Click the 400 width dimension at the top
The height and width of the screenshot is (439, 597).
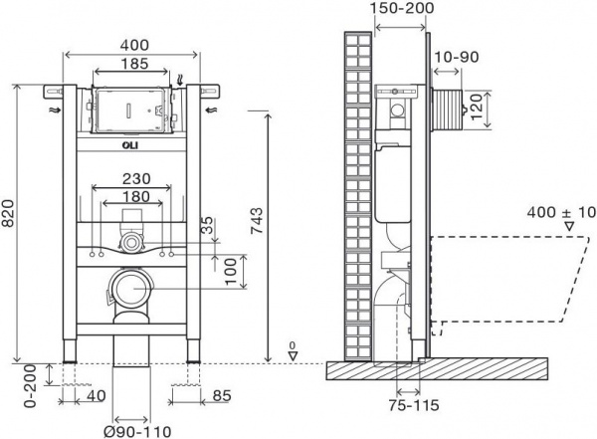[x=137, y=46]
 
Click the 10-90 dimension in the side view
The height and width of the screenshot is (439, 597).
[x=459, y=57]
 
